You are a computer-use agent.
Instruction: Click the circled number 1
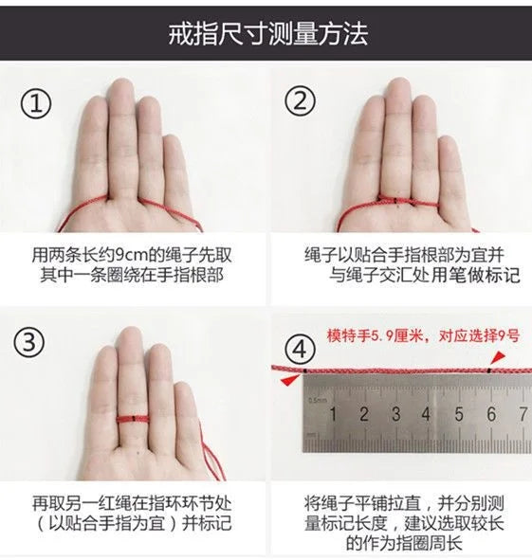(x=36, y=103)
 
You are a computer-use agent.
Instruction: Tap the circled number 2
(x=300, y=100)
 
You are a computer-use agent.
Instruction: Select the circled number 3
(x=29, y=342)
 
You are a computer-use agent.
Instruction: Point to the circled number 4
(x=300, y=349)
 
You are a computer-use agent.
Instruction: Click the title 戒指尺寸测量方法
(x=267, y=34)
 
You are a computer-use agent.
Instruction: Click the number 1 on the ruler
(x=333, y=414)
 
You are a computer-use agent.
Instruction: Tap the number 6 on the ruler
(x=491, y=414)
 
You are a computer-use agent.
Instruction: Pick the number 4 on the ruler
(x=426, y=414)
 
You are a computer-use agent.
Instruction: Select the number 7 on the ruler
(x=523, y=414)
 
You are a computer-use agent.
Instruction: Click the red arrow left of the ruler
(x=290, y=380)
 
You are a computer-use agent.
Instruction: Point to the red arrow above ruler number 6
(x=498, y=357)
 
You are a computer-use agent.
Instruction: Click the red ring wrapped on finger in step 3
(x=132, y=418)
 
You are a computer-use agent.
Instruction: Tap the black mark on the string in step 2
(x=396, y=202)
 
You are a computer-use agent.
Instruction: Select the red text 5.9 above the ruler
(x=378, y=336)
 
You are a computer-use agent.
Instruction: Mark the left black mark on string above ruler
(x=305, y=371)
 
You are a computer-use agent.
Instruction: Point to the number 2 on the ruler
(x=364, y=414)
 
